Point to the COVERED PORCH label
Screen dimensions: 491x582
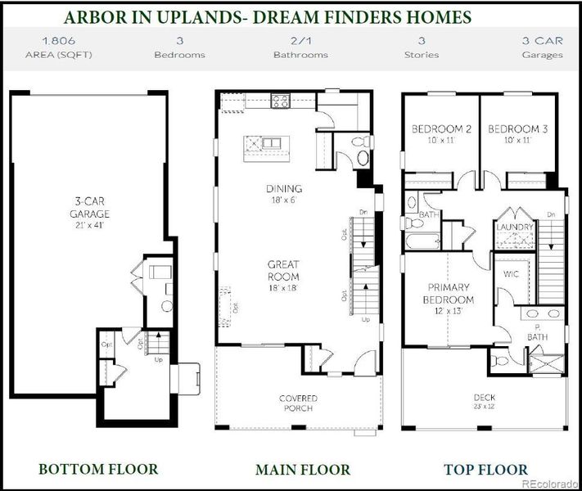[x=298, y=403]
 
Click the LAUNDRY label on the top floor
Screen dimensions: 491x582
[x=515, y=227]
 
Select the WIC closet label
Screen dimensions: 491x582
[x=512, y=274]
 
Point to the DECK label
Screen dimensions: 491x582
[x=484, y=399]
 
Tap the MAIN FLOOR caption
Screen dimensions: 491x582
[x=302, y=470]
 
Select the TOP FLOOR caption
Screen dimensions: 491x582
[x=485, y=470]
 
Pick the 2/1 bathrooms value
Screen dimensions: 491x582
[x=300, y=39]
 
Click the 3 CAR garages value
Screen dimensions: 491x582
[x=542, y=39]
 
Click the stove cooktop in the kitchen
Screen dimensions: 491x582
[x=281, y=101]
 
